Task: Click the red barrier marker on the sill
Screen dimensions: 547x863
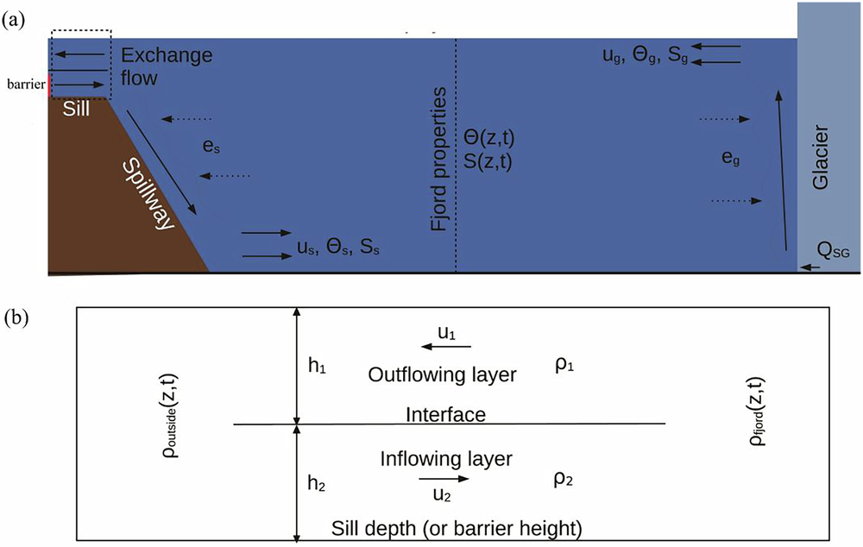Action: pyautogui.click(x=50, y=85)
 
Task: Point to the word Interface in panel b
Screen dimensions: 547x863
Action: pyautogui.click(x=445, y=415)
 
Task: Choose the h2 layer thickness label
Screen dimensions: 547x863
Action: pyautogui.click(x=316, y=485)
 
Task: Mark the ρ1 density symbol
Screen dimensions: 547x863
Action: pyautogui.click(x=566, y=366)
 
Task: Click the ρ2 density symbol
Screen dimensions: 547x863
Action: pyautogui.click(x=566, y=479)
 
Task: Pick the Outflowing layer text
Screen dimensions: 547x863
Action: pyautogui.click(x=442, y=375)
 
